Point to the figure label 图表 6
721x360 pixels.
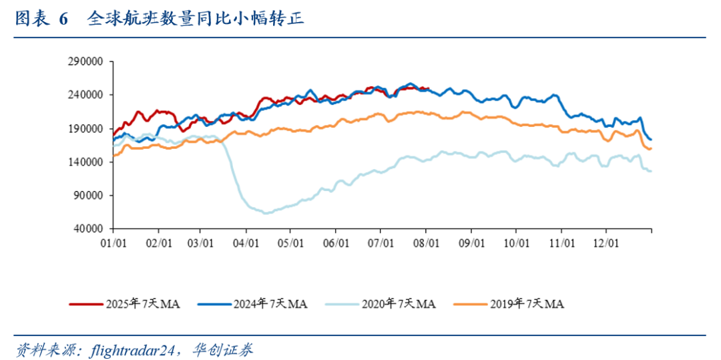click(41, 19)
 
